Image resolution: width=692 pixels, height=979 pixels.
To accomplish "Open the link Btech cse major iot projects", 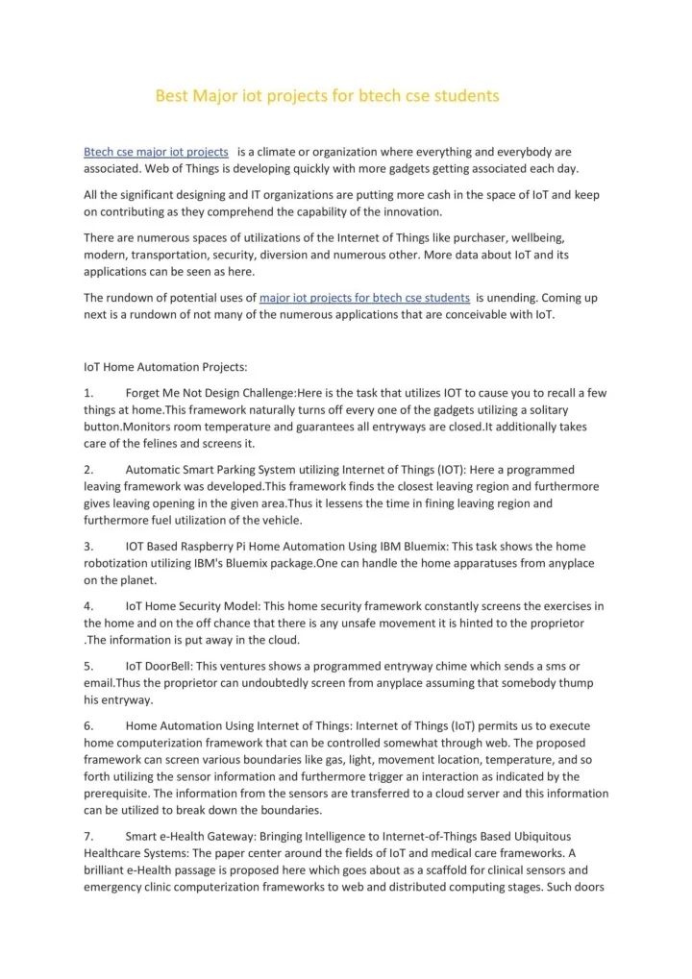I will (x=156, y=152).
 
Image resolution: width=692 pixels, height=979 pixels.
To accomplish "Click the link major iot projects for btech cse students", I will (x=364, y=298).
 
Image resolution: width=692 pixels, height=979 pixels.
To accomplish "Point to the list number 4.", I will (x=87, y=606).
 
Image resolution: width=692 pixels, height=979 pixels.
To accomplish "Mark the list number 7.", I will (x=87, y=836).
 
